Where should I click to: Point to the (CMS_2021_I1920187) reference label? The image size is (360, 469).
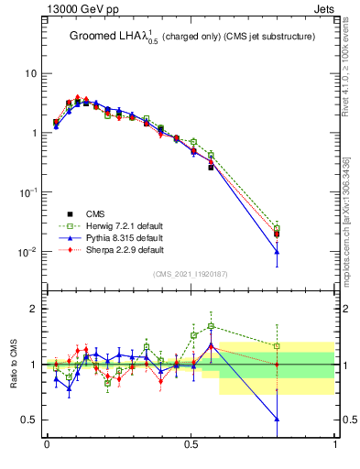pos(191,272)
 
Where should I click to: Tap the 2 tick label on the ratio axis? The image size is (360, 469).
pos(34,309)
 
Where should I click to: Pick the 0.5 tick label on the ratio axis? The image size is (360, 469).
pos(30,420)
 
